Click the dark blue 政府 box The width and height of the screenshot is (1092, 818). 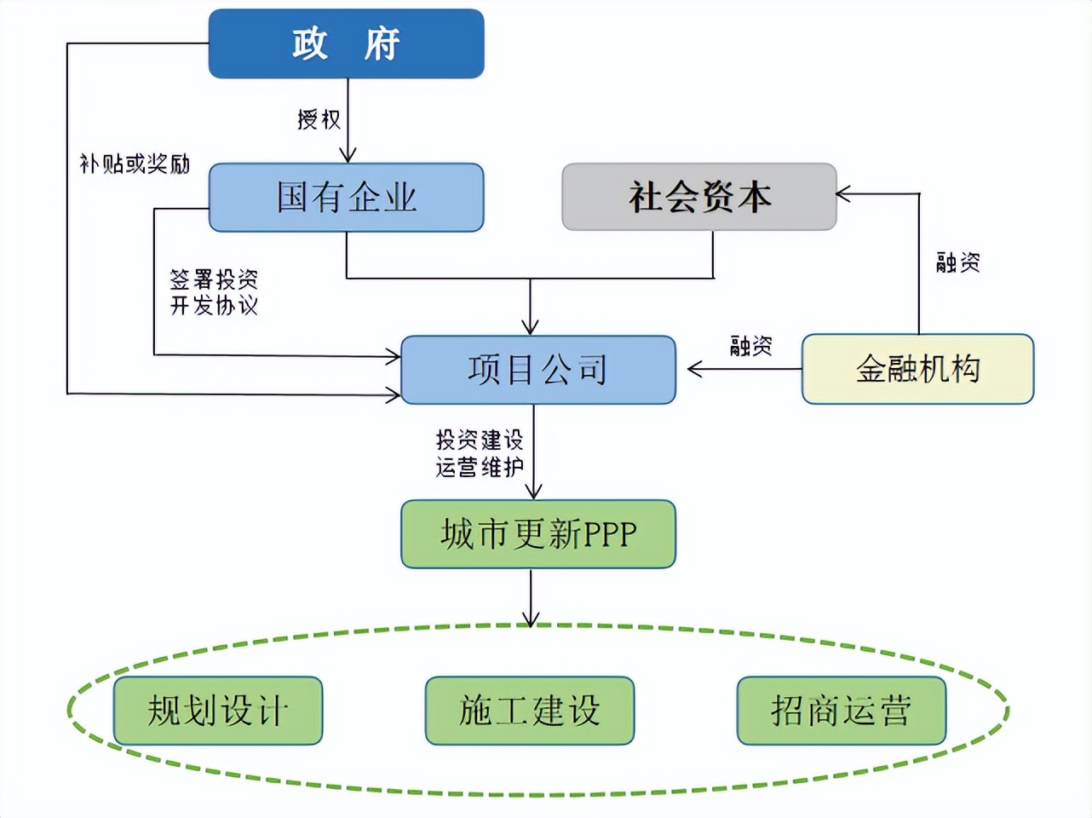(346, 43)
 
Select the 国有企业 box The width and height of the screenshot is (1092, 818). (346, 198)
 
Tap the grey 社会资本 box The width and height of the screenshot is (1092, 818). (698, 197)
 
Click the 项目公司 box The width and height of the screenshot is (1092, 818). (537, 370)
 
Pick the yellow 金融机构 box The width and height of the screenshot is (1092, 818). (917, 369)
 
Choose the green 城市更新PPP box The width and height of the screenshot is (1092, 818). (537, 534)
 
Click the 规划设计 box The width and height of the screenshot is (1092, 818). (218, 711)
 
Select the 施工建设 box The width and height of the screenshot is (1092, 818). (529, 711)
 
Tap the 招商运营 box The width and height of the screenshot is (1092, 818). (841, 711)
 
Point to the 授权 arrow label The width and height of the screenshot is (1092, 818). (319, 119)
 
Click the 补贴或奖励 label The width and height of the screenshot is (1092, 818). (135, 164)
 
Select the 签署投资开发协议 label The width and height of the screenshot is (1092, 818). (214, 292)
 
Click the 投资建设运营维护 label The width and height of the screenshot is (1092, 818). (480, 453)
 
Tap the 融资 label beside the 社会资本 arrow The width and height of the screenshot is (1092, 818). (958, 262)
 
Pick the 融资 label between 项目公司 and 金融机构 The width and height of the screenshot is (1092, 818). (751, 346)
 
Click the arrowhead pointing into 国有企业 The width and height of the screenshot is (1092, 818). (348, 156)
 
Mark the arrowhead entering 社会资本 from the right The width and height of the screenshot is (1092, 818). (843, 194)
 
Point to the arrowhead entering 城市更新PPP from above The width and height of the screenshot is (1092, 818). (533, 492)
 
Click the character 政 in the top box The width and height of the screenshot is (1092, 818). (309, 43)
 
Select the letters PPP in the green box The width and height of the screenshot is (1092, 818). (609, 534)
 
